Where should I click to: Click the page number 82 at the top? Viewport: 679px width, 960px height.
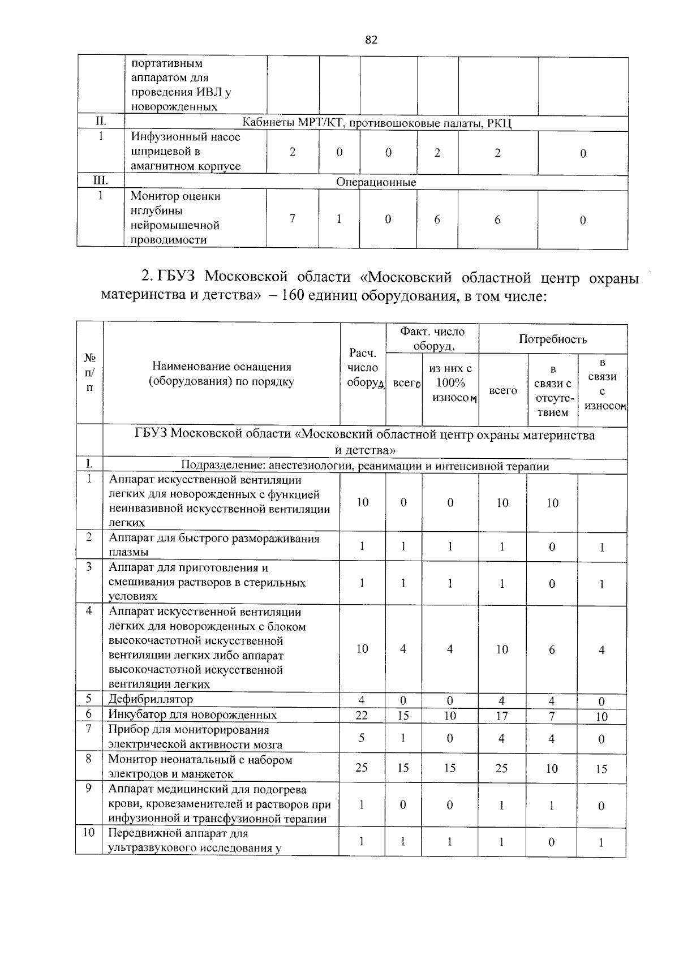point(371,40)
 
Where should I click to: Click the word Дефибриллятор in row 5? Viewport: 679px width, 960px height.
point(151,699)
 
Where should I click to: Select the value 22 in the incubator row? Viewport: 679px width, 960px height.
point(362,715)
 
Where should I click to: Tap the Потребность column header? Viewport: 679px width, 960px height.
point(553,339)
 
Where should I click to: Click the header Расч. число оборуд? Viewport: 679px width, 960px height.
point(363,368)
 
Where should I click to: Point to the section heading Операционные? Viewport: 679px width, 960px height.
point(376,182)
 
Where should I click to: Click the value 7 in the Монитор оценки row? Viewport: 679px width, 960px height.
point(292,218)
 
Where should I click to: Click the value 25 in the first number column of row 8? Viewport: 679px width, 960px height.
point(362,768)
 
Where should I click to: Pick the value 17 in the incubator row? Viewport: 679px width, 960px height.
point(502,716)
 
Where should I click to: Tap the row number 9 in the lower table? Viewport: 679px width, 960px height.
point(89,788)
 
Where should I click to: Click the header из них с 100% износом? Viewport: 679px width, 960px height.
point(450,383)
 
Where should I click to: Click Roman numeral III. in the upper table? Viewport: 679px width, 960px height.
point(100,180)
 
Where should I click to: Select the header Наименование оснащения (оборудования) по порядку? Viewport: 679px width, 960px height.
point(221,374)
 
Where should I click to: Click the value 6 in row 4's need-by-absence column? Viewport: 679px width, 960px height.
point(552,649)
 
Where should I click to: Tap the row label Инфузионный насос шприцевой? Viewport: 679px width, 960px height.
point(186,152)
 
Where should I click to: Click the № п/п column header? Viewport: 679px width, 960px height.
point(89,373)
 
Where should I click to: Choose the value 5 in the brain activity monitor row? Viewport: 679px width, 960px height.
point(362,738)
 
